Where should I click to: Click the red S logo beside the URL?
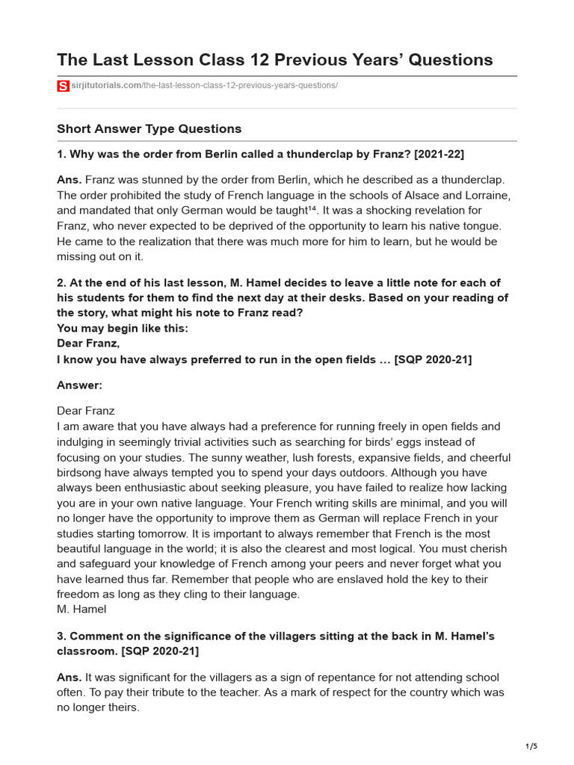pos(62,86)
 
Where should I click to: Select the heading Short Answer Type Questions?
pos(149,128)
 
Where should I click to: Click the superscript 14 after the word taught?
pos(312,209)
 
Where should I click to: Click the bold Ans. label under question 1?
pos(70,180)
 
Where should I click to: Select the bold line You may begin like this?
pos(123,329)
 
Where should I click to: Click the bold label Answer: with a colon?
pos(79,385)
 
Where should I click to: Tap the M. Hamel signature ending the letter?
pos(81,609)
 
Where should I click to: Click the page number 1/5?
pos(531,746)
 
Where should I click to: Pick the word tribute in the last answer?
pos(160,693)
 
